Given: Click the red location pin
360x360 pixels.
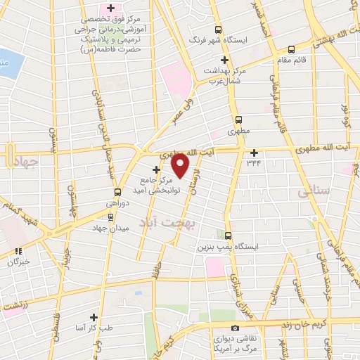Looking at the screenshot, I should (x=181, y=166).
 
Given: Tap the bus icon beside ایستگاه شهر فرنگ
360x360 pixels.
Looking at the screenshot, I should (x=218, y=30).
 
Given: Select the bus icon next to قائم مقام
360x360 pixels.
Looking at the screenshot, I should (x=292, y=49).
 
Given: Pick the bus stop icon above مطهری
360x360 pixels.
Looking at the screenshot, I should (x=238, y=120).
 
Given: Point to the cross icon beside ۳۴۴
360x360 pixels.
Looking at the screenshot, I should (x=254, y=153).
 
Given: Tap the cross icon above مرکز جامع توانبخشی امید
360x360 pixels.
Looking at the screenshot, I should (x=156, y=169).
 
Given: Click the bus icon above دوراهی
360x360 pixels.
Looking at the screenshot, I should (x=118, y=191).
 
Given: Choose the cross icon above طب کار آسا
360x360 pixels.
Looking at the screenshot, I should (x=94, y=316).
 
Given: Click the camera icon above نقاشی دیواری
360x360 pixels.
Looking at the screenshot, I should (x=235, y=328).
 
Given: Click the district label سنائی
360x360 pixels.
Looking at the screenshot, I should (x=312, y=191).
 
